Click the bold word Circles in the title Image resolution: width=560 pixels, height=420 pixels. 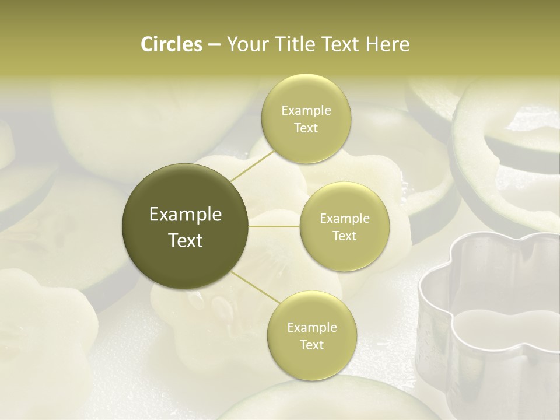pos(171,44)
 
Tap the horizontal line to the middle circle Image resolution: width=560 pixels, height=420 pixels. pos(274,226)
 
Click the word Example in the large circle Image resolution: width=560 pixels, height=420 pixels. pos(185,215)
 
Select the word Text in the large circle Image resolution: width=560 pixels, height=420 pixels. pos(185,240)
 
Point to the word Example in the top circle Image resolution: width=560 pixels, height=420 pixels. pos(306,110)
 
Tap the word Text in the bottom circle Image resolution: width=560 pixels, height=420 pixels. pos(311,345)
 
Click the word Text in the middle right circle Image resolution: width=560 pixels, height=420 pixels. pos(345,236)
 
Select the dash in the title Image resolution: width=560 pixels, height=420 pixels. pos(213,44)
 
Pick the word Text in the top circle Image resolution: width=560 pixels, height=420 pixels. pos(306,128)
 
